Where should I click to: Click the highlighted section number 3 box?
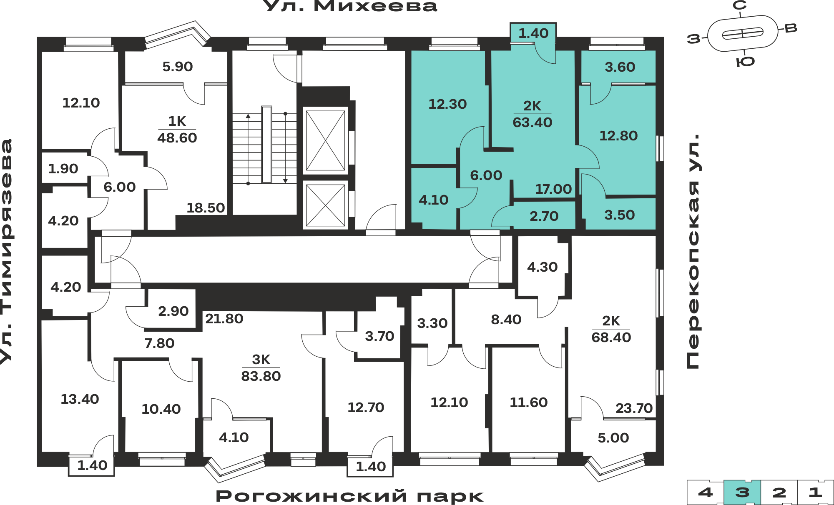click(x=742, y=492)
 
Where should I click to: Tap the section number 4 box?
click(x=706, y=492)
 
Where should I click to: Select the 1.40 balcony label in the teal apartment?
click(x=533, y=33)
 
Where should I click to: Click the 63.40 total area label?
click(x=533, y=122)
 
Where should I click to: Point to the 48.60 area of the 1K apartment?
click(x=177, y=138)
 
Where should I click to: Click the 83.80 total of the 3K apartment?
click(x=261, y=376)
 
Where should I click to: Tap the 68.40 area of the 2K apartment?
click(x=611, y=337)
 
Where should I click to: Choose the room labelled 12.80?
click(x=618, y=136)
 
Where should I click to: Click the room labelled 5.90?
click(x=178, y=67)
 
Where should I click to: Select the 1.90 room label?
click(x=63, y=169)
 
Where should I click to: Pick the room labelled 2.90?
click(x=173, y=311)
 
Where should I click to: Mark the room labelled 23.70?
click(x=634, y=408)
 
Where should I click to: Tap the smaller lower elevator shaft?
click(x=326, y=205)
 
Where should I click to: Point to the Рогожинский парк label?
click(x=349, y=496)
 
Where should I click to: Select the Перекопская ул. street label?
click(x=693, y=251)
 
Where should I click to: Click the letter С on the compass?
click(x=740, y=5)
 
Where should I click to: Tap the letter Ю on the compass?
click(x=746, y=62)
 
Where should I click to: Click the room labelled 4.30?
click(x=543, y=267)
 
